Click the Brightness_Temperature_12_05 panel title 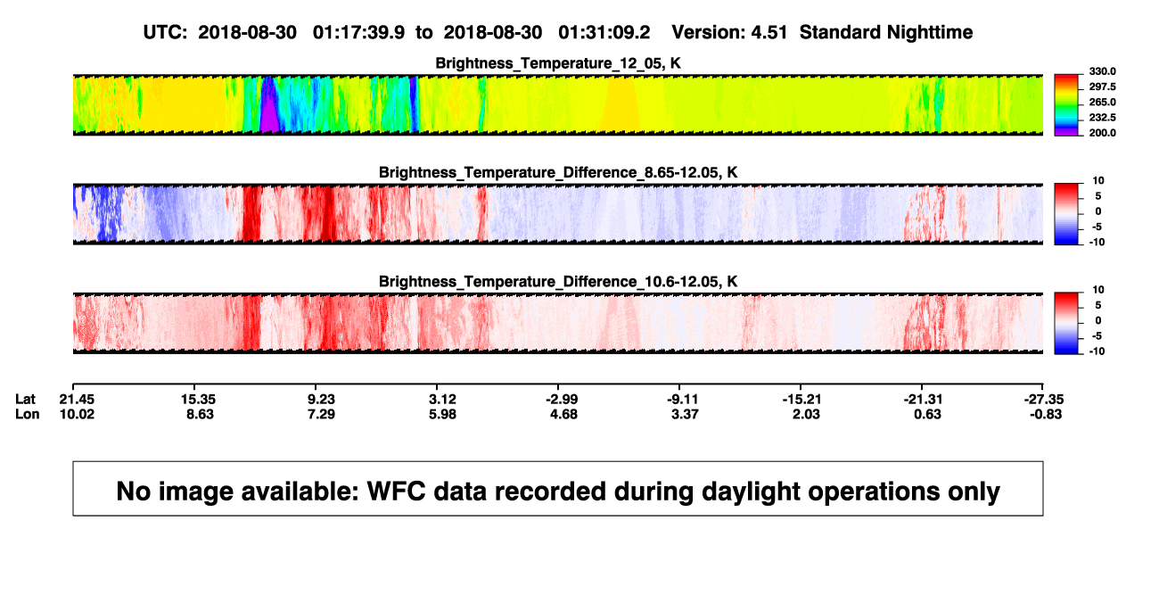[x=558, y=63]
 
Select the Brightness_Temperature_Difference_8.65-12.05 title [x=558, y=172]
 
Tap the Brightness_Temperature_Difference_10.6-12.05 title [x=558, y=282]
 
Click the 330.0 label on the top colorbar [x=1102, y=71]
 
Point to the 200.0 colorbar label [x=1102, y=133]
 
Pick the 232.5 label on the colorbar [x=1102, y=118]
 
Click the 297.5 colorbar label [x=1102, y=87]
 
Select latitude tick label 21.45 [x=77, y=400]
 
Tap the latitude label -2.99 [x=562, y=400]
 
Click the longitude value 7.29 [x=321, y=414]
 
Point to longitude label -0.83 [x=1046, y=414]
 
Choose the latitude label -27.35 [x=1044, y=400]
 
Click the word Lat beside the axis [x=25, y=400]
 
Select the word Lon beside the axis [x=28, y=414]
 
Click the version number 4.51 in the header [x=769, y=33]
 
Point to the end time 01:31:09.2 [x=604, y=33]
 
